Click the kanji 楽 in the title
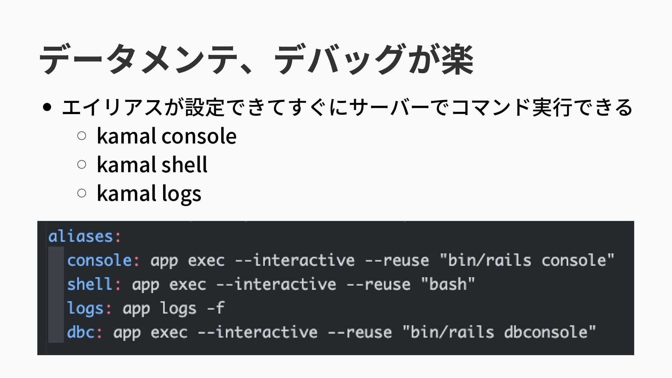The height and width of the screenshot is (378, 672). point(457,59)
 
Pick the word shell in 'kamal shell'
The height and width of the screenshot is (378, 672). point(184,164)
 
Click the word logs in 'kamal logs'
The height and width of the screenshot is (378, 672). point(181,194)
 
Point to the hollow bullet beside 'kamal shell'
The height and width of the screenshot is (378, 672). point(82,164)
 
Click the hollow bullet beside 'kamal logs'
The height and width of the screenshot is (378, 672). point(82,193)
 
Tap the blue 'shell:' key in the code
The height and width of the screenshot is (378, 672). point(94,285)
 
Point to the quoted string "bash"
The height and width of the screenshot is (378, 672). point(448,284)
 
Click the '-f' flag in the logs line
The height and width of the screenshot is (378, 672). point(215,308)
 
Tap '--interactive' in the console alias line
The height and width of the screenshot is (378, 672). point(295,261)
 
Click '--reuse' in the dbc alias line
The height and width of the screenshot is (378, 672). point(360,332)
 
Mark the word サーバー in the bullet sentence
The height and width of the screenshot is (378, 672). point(390,107)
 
